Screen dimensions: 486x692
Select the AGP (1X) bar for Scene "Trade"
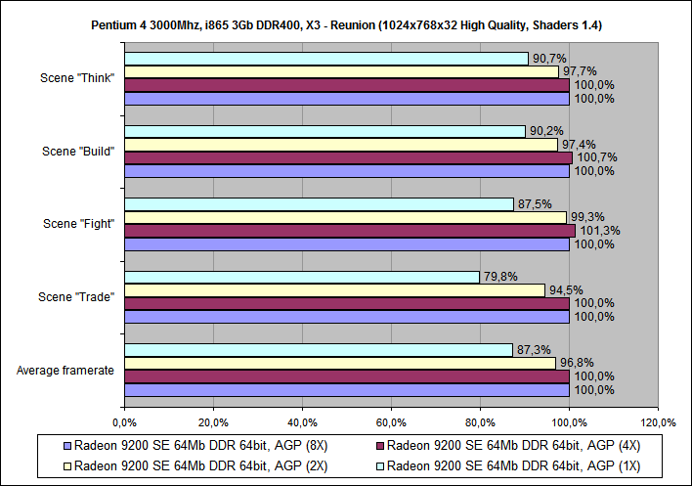click(x=302, y=277)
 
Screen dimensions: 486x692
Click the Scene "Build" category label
click(x=78, y=151)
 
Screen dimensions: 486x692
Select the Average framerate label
click(x=65, y=369)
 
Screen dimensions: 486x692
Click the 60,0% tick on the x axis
click(x=391, y=421)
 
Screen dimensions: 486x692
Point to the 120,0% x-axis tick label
click(x=658, y=421)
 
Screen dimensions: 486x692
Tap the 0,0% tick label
click(x=124, y=421)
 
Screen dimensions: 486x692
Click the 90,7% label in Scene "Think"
click(x=547, y=59)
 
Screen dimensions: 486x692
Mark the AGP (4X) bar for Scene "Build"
click(x=348, y=157)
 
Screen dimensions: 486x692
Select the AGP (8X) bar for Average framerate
click(x=346, y=389)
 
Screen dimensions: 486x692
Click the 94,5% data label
click(x=565, y=289)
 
